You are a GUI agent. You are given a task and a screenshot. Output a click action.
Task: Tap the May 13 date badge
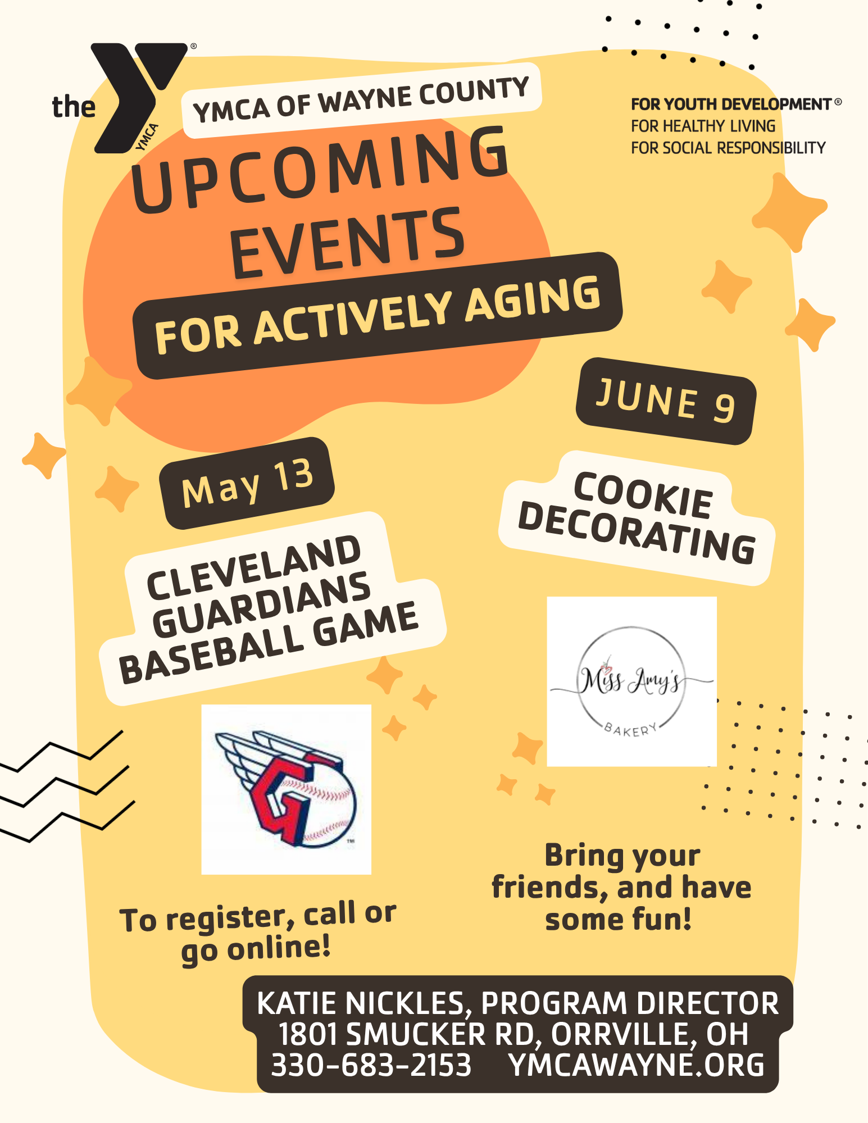247,483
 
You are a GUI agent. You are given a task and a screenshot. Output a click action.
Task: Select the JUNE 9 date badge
666,401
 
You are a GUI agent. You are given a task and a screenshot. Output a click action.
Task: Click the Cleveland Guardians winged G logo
286,789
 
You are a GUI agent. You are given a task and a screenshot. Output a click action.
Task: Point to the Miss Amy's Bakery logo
631,681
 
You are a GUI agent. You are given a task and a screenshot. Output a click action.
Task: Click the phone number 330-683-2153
371,1065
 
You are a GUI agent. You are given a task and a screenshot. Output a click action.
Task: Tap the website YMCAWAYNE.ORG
636,1065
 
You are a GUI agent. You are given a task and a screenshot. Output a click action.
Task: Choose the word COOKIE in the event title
643,495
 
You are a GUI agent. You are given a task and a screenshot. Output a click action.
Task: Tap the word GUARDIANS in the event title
261,604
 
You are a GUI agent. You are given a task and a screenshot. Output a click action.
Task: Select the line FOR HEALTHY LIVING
703,126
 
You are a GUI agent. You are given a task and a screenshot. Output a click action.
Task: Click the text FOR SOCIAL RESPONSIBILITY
728,148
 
